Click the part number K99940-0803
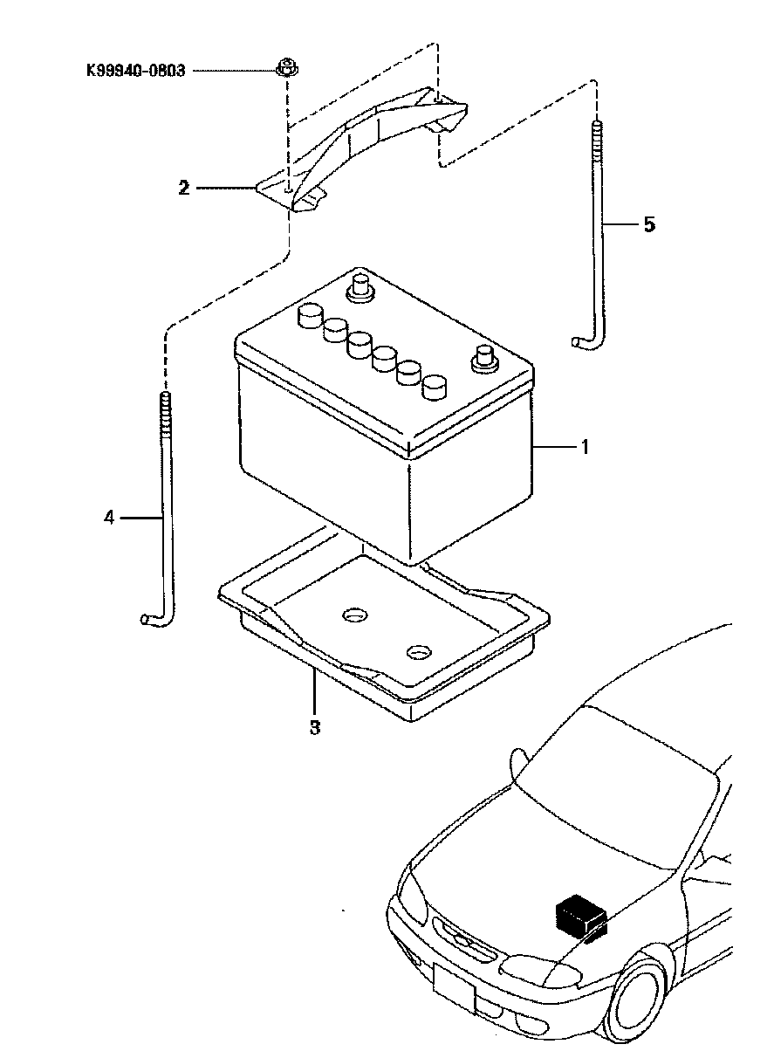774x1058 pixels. tap(136, 71)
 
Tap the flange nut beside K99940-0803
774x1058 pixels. tap(286, 68)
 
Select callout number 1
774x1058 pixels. tap(584, 446)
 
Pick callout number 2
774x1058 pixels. tap(184, 189)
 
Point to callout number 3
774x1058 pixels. tap(314, 727)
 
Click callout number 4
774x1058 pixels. tap(109, 519)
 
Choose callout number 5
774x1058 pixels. tap(649, 224)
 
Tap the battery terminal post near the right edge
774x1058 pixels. tap(484, 358)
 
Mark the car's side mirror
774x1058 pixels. tap(518, 764)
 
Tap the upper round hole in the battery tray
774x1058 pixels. tap(354, 615)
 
